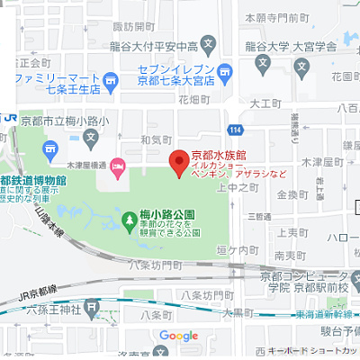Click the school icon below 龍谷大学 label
[x=263, y=63]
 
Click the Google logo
[x=178, y=336]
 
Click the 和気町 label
[x=155, y=139]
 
